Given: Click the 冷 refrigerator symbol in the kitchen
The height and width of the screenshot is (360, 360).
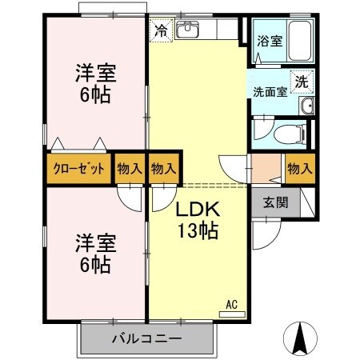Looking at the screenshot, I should [161, 32].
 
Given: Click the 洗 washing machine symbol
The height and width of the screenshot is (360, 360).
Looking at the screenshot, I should [301, 81].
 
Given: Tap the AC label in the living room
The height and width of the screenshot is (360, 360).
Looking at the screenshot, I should [231, 303].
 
